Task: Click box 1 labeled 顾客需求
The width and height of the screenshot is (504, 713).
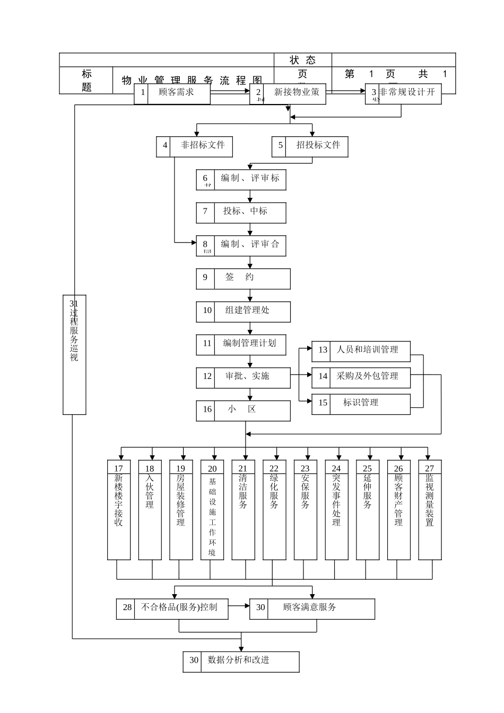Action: pyautogui.click(x=172, y=94)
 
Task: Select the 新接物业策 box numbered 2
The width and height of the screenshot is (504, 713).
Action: pyautogui.click(x=288, y=94)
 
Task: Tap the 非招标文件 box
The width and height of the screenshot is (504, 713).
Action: pyautogui.click(x=194, y=146)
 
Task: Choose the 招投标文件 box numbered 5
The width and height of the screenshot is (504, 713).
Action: pyautogui.click(x=310, y=146)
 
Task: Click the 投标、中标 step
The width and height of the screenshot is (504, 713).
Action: pyautogui.click(x=241, y=213)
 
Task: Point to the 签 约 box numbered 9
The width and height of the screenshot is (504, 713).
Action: pyautogui.click(x=243, y=279)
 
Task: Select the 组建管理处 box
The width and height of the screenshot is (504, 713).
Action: pyautogui.click(x=243, y=311)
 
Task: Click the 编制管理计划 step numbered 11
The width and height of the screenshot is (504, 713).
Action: pyautogui.click(x=241, y=345)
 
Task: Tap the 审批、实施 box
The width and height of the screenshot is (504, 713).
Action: pyautogui.click(x=243, y=378)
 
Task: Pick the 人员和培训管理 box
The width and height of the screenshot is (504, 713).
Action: pyautogui.click(x=361, y=351)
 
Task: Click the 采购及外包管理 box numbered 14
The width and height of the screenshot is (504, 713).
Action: pyautogui.click(x=361, y=377)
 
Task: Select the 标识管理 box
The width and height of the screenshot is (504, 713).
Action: pyautogui.click(x=361, y=404)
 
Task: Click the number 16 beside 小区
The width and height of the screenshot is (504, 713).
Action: pyautogui.click(x=206, y=410)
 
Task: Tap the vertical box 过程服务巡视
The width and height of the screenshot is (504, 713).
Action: pyautogui.click(x=74, y=354)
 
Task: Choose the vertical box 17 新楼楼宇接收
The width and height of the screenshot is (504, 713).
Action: pyautogui.click(x=119, y=509)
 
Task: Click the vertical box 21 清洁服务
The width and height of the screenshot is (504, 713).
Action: pyautogui.click(x=243, y=509)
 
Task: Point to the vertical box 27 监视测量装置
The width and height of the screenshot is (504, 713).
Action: pyautogui.click(x=430, y=509)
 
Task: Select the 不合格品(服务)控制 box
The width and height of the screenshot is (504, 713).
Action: pyautogui.click(x=172, y=608)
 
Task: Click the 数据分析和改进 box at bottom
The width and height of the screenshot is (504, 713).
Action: pyautogui.click(x=241, y=662)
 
